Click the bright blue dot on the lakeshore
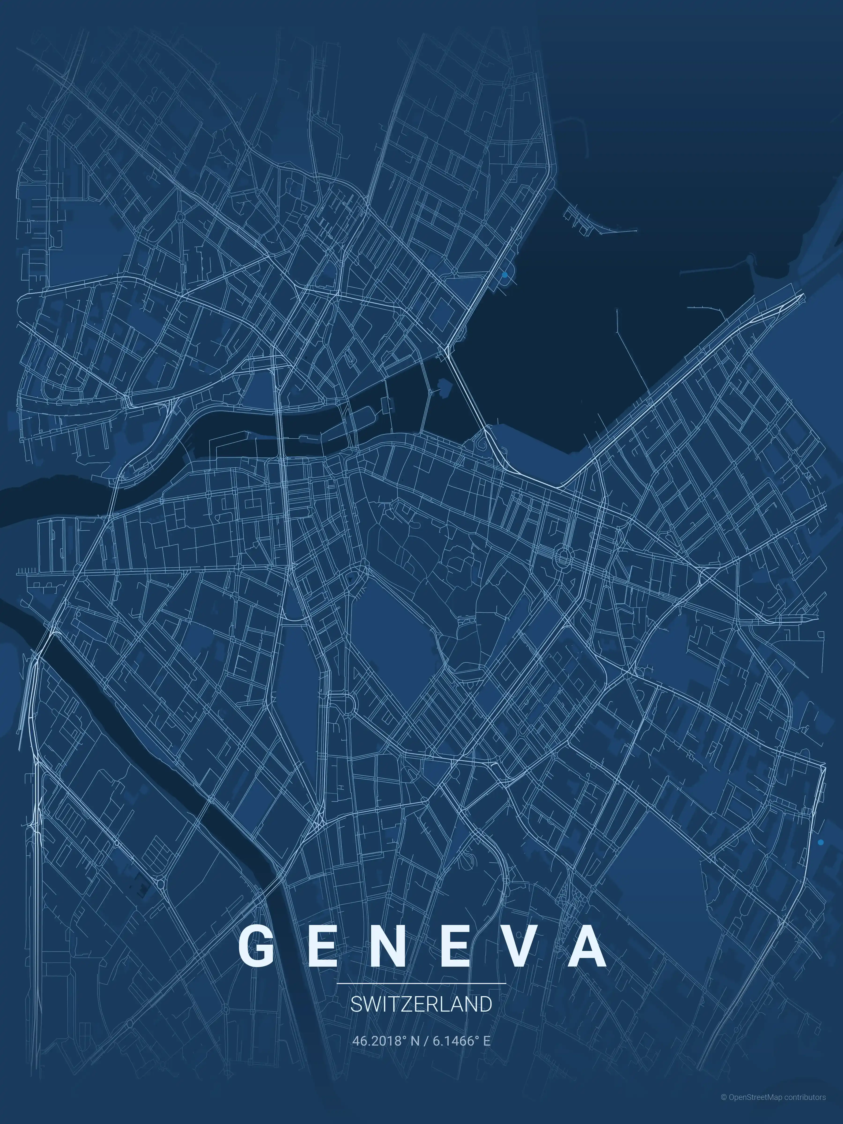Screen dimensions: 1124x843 (505, 275)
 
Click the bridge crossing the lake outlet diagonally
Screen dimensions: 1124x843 (467, 396)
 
